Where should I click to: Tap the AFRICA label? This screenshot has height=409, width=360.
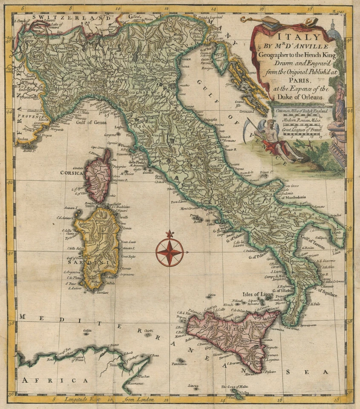(x=55, y=380)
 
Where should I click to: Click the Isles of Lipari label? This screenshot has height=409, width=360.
(x=259, y=294)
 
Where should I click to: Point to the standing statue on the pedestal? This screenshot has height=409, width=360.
(x=339, y=102)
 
